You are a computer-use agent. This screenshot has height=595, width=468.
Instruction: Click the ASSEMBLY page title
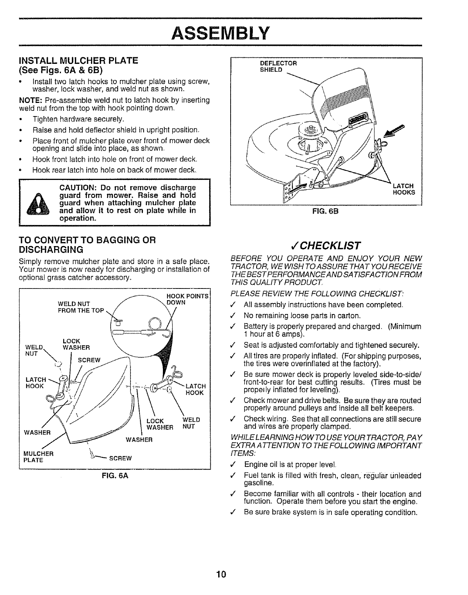(x=220, y=33)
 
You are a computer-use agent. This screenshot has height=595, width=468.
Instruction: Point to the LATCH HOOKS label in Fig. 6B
(x=404, y=189)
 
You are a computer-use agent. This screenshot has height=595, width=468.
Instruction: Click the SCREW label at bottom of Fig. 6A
(x=120, y=458)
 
